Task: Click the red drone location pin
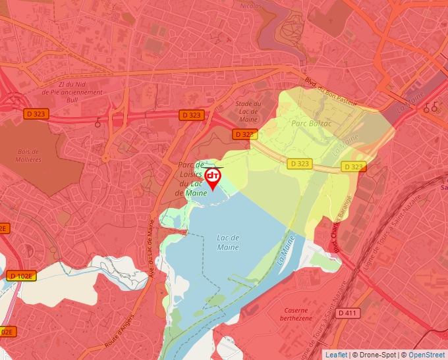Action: click(213, 178)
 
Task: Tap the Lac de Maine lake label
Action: click(227, 242)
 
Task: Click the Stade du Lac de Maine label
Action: click(248, 112)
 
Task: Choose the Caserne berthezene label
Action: click(296, 314)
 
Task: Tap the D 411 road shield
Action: click(349, 313)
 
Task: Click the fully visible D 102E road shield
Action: click(22, 276)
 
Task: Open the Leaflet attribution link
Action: click(336, 355)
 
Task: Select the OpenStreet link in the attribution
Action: click(428, 355)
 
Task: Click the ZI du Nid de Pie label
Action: click(72, 88)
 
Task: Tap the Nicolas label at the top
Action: click(250, 5)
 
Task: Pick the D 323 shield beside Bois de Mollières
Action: click(37, 114)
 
